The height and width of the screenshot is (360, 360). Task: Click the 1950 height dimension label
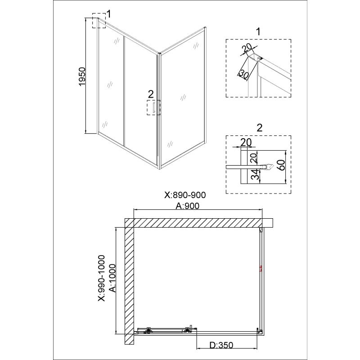(x=82, y=76)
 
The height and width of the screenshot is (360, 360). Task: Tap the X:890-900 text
(x=185, y=195)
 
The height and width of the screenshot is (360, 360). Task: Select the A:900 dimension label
(x=187, y=206)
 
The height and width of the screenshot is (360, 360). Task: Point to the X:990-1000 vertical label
(x=101, y=278)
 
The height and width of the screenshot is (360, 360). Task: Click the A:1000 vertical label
(x=112, y=278)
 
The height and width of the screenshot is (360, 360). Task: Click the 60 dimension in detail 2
(x=282, y=165)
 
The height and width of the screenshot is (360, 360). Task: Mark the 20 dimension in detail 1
(x=247, y=48)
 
